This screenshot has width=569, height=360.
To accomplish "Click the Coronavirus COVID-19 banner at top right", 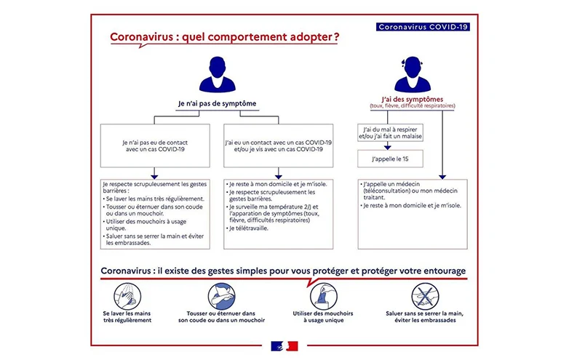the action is [x=423, y=27].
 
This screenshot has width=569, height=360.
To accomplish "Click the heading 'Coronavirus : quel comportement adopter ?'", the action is [x=223, y=38].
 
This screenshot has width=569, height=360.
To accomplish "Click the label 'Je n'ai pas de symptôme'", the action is [x=217, y=103].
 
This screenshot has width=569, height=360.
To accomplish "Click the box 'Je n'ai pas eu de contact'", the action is [x=154, y=144].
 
